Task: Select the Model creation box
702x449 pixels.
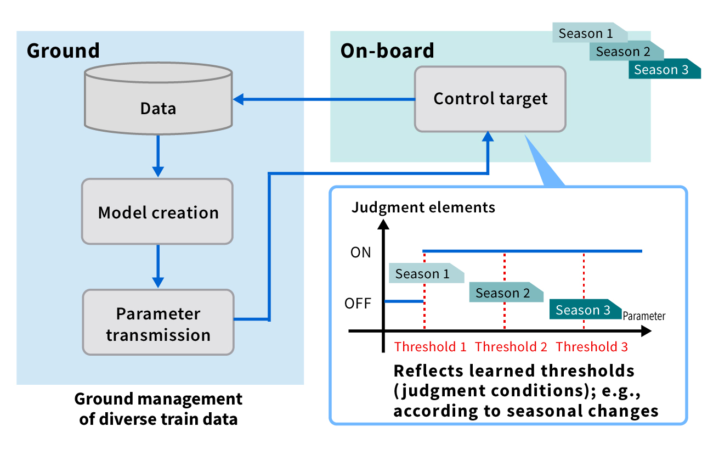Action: point(158,211)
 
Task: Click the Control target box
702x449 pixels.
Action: point(490,99)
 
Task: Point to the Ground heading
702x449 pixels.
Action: point(63,50)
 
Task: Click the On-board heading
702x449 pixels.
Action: point(387,50)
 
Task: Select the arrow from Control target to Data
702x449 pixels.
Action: point(324,99)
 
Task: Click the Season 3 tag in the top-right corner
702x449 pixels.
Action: point(663,70)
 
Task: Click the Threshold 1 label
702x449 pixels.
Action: point(431,347)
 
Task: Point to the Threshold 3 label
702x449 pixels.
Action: point(592,347)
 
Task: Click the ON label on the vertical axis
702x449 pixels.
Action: point(361,252)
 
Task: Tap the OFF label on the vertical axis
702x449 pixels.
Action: point(358,303)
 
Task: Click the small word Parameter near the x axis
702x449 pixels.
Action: point(644,316)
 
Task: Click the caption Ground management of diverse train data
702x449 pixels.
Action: point(158,409)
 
